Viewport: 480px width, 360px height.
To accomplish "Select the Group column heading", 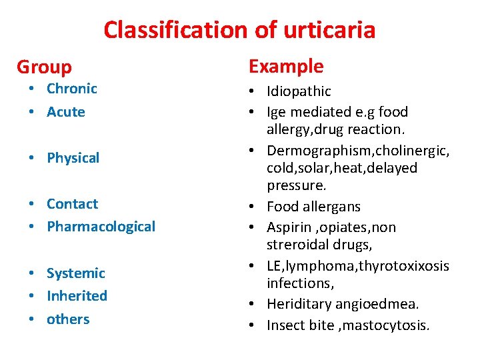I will pyautogui.click(x=44, y=67).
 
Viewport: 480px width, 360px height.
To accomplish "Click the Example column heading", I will pyautogui.click(x=285, y=66).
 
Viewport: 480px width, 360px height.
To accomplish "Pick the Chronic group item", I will pyautogui.click(x=71, y=89).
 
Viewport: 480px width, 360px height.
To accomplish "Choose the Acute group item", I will pyautogui.click(x=65, y=112).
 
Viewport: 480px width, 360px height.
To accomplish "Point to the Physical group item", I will pyautogui.click(x=73, y=158).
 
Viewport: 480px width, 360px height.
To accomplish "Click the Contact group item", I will pyautogui.click(x=72, y=204).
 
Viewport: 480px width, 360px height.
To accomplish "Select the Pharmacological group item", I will pyautogui.click(x=101, y=227).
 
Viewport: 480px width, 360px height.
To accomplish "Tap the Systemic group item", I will pyautogui.click(x=75, y=273).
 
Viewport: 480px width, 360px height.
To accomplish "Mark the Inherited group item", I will pyautogui.click(x=77, y=295).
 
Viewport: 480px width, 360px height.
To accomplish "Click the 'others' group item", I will pyautogui.click(x=67, y=319).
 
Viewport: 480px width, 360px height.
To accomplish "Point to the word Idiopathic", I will pyautogui.click(x=299, y=91).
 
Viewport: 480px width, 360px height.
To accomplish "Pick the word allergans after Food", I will pyautogui.click(x=331, y=207).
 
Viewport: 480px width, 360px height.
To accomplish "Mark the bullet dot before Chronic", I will pyautogui.click(x=32, y=89).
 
